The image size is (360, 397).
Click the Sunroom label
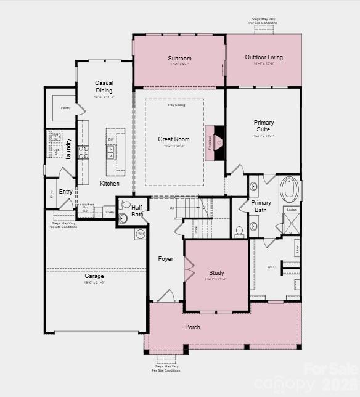coord(179,59)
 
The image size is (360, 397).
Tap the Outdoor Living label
coord(264,57)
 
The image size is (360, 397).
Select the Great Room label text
coord(173,139)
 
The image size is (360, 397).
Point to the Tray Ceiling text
coord(176,105)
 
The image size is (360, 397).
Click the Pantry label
coord(66,108)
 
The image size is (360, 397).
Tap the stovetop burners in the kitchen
coord(83,152)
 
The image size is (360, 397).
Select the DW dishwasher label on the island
coord(111,140)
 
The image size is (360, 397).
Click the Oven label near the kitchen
coord(109,212)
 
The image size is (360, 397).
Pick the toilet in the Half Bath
coord(126,204)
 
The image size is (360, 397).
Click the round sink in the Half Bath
coord(122,218)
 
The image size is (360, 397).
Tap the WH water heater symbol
coord(140,234)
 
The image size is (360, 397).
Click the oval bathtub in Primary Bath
coord(289,190)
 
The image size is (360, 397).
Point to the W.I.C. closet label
coord(272,267)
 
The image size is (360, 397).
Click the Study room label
coord(216,272)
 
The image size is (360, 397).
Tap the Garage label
coord(94,276)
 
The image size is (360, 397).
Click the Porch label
coord(193,327)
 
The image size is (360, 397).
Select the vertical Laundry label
coord(68,149)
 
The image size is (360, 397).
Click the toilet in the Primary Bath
coord(239,232)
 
